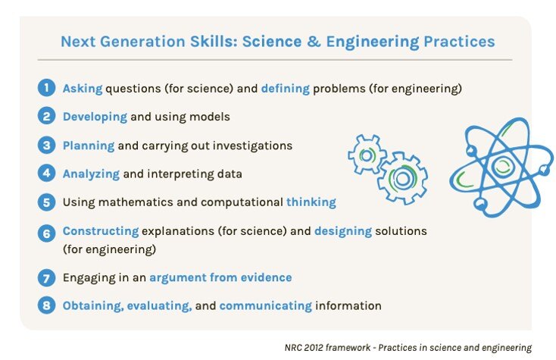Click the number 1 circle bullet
47,89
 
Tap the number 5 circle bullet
47,202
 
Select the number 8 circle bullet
47,305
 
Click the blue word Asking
83,89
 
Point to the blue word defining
285,89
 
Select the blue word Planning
88,145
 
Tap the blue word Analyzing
91,174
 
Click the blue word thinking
311,202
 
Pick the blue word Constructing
100,230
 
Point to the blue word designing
342,230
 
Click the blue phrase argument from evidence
220,277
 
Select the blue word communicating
265,305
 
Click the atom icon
500,166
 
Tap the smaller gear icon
367,154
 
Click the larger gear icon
401,178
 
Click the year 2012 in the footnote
311,346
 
